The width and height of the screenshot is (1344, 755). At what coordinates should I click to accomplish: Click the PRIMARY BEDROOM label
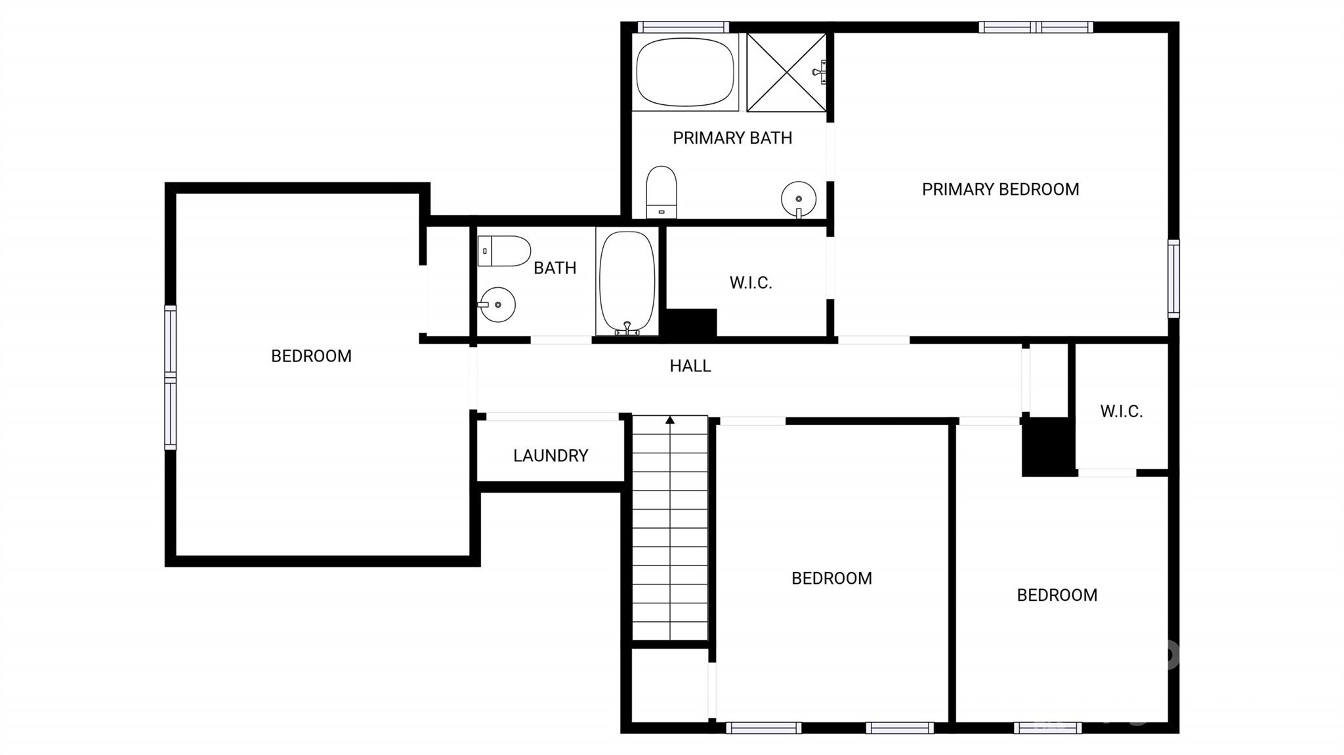pos(1000,190)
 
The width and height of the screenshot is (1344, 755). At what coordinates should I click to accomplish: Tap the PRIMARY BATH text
pos(732,138)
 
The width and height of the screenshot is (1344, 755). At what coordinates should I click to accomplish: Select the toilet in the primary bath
pos(661,192)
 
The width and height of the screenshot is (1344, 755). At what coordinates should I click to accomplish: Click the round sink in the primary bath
pos(799,198)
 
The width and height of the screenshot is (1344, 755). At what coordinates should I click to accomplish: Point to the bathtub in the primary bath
pos(685,72)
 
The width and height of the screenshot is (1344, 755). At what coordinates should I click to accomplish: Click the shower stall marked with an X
pos(786,72)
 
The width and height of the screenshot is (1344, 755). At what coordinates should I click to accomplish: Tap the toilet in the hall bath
pos(504,251)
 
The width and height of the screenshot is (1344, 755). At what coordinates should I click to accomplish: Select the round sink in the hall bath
pos(497,304)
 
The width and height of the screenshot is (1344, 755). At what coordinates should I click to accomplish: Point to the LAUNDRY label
pos(551,456)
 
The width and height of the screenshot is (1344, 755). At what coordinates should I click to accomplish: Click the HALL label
pos(690,366)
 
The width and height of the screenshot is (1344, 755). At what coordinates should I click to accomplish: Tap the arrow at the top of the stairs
pos(670,420)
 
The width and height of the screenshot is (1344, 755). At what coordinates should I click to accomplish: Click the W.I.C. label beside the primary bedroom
pos(751,283)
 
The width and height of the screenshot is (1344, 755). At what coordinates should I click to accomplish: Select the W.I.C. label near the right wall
pos(1122,411)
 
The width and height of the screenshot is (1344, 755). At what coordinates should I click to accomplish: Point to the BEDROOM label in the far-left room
pos(311,356)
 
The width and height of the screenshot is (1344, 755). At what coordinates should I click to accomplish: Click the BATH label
pos(555,268)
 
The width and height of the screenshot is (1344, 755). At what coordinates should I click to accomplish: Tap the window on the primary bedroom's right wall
pos(1173,279)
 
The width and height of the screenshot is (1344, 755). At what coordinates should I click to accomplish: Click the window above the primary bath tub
pos(683,27)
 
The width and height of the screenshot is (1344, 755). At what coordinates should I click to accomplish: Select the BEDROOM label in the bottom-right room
pos(1057,595)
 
